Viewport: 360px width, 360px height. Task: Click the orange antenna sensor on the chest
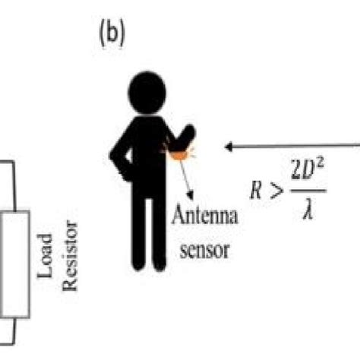pyautogui.click(x=178, y=155)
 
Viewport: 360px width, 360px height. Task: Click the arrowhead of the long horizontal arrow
pyautogui.click(x=229, y=144)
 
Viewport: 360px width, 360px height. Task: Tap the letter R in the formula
pyautogui.click(x=258, y=189)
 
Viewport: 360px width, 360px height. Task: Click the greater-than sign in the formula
pyautogui.click(x=279, y=190)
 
